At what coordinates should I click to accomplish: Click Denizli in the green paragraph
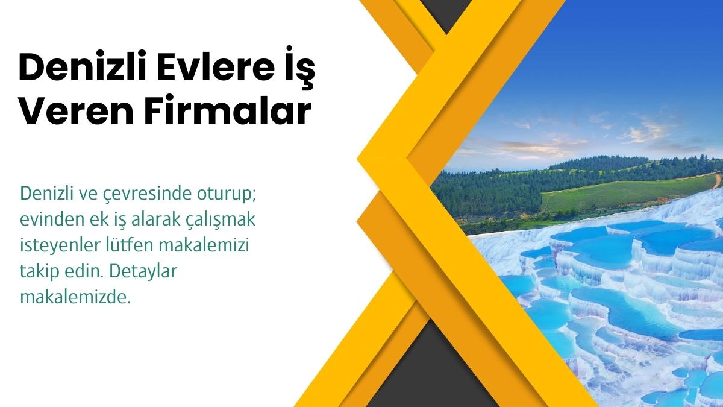tap(43, 194)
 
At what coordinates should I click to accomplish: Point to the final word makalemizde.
tap(74, 298)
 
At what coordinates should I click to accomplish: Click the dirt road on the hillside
tap(716, 179)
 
